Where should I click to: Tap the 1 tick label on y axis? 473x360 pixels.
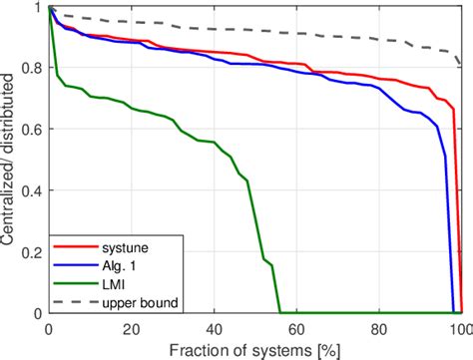coord(39,8)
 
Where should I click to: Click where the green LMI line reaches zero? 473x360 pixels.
coord(279,312)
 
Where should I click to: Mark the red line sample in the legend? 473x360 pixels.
coord(74,252)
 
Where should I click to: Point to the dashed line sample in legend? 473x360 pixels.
coord(74,298)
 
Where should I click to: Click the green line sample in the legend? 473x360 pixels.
coord(74,283)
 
